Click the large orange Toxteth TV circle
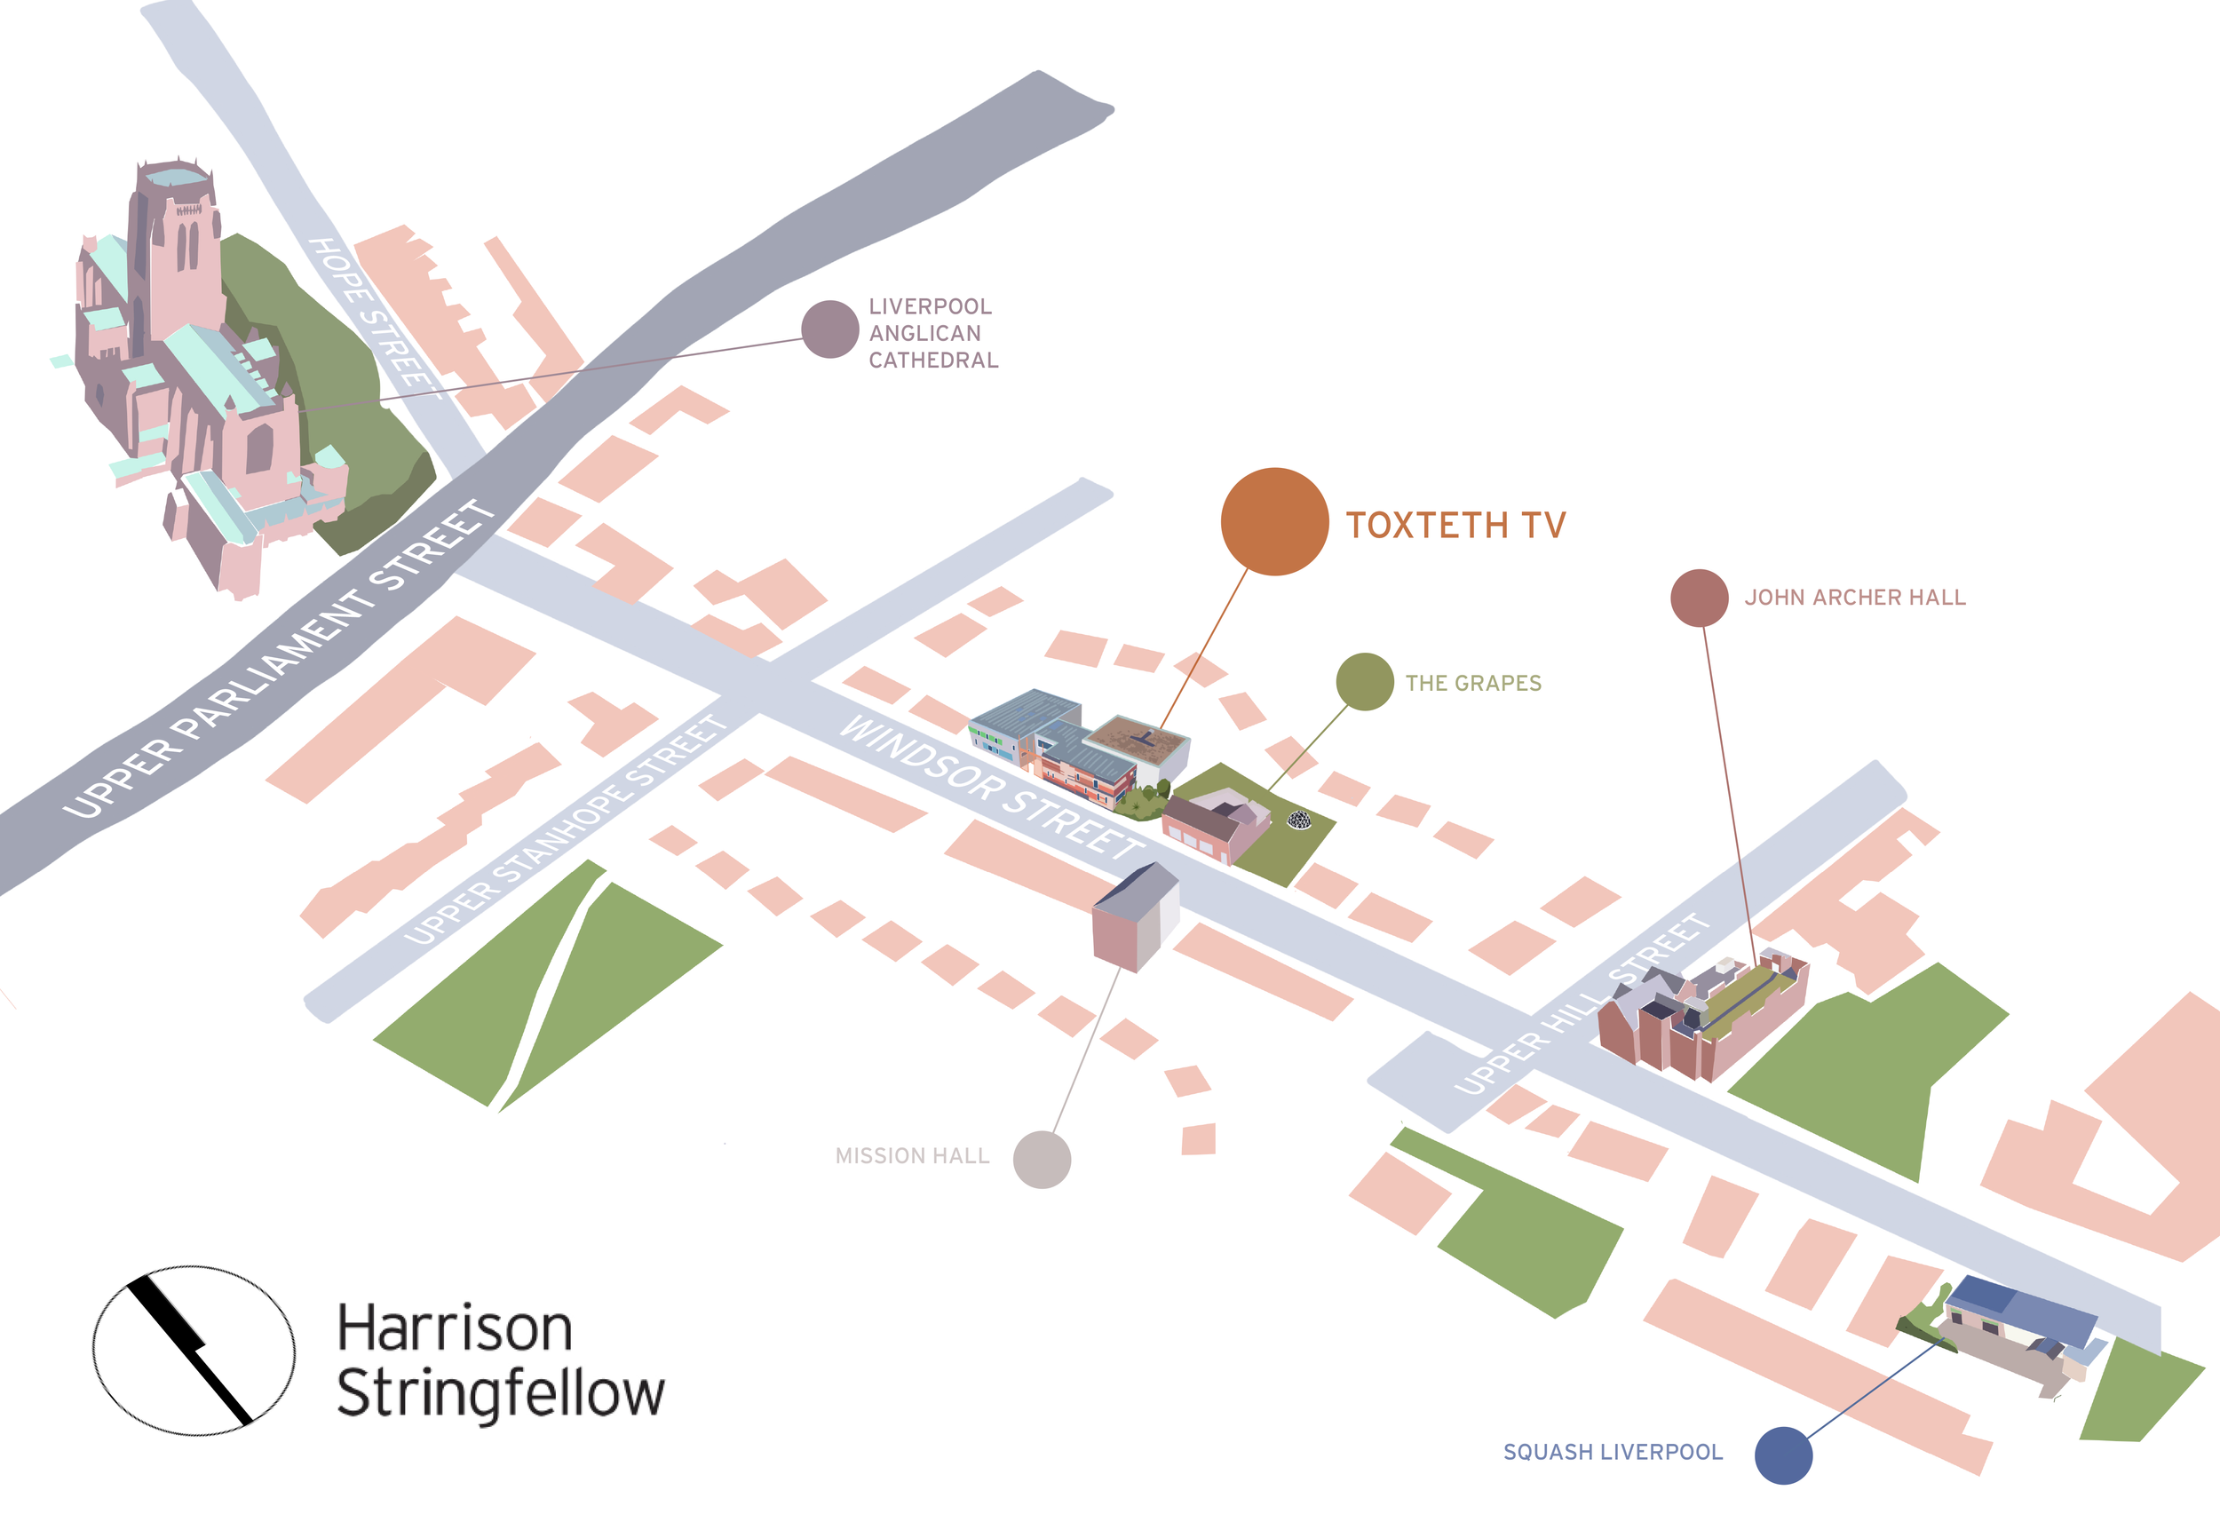click(1274, 521)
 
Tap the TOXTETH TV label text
click(1455, 526)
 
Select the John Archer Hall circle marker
click(1700, 598)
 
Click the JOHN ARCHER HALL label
click(1854, 598)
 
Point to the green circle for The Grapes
click(1364, 682)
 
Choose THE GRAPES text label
click(1473, 683)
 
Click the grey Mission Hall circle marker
click(1042, 1160)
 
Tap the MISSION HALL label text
click(911, 1156)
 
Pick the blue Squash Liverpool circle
click(1782, 1455)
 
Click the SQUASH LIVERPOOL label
click(1613, 1452)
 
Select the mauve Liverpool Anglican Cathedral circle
click(829, 329)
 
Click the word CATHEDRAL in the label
click(932, 361)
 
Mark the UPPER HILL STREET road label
click(1581, 1003)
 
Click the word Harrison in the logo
click(455, 1328)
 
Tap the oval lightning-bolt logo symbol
click(193, 1351)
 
